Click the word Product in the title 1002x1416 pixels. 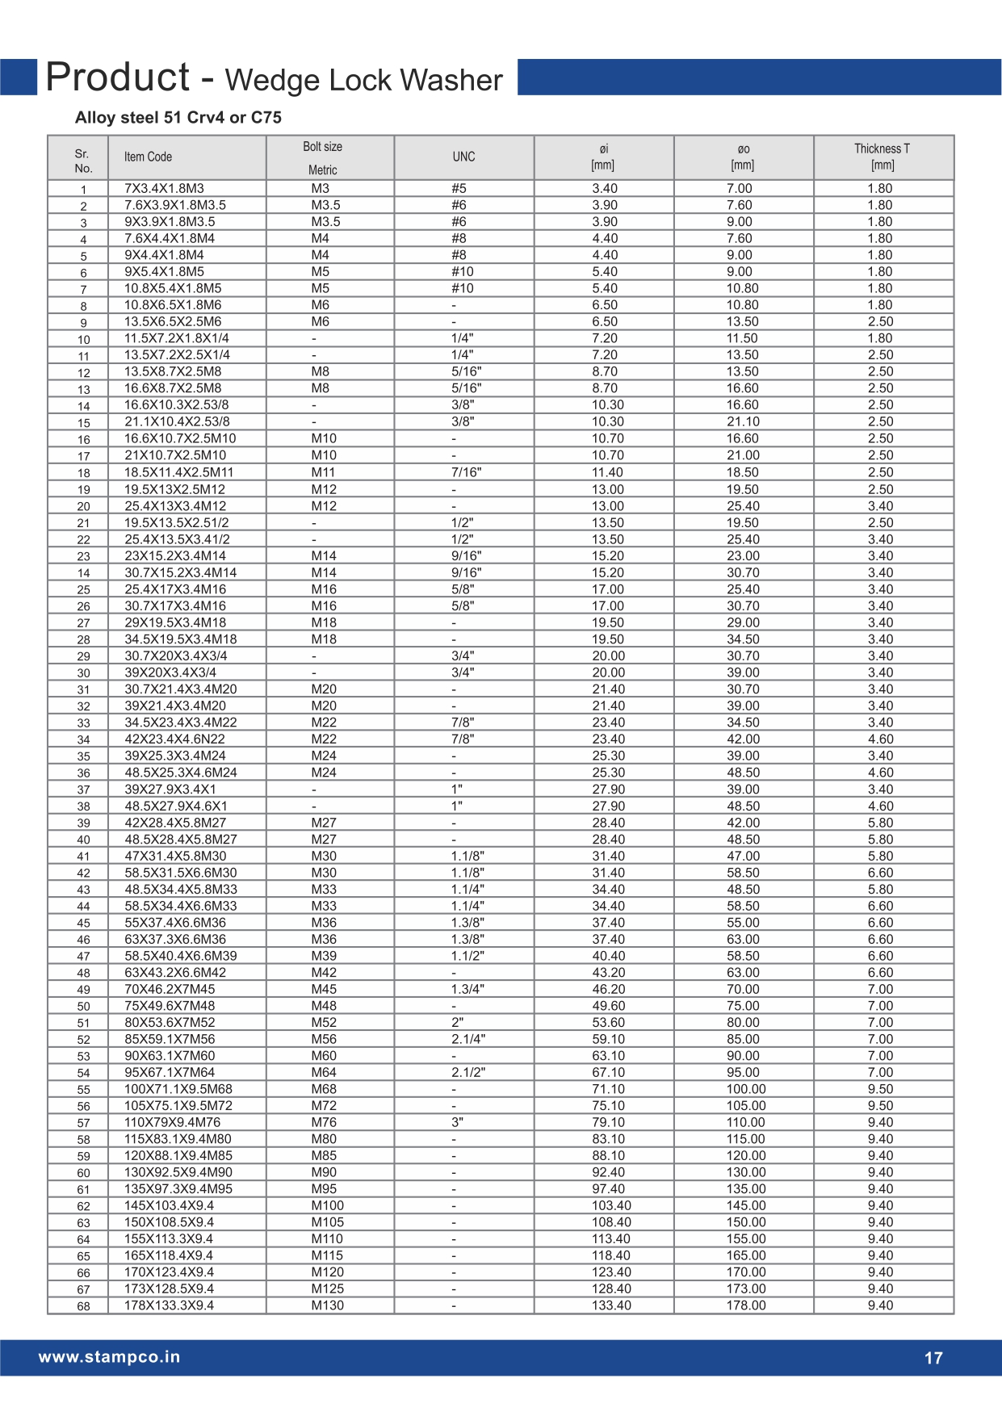point(118,78)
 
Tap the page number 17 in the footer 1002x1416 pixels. point(933,1358)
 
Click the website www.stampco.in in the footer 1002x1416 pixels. point(109,1357)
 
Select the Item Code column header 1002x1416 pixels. point(148,157)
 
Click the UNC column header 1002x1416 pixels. point(463,157)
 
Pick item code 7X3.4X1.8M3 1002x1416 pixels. point(164,189)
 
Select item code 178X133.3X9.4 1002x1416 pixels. point(169,1305)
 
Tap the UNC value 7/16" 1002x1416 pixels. point(466,472)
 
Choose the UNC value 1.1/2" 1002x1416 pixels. point(467,956)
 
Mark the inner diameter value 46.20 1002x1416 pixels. point(608,989)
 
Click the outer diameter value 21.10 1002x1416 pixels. point(743,421)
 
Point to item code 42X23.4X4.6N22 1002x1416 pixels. point(174,739)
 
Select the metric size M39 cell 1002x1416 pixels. point(324,956)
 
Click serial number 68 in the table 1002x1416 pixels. point(83,1306)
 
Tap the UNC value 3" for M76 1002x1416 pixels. point(457,1122)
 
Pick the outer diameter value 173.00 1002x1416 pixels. point(746,1288)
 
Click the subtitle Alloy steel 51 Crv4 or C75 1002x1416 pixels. point(178,118)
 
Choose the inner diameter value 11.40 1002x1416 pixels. point(608,472)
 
